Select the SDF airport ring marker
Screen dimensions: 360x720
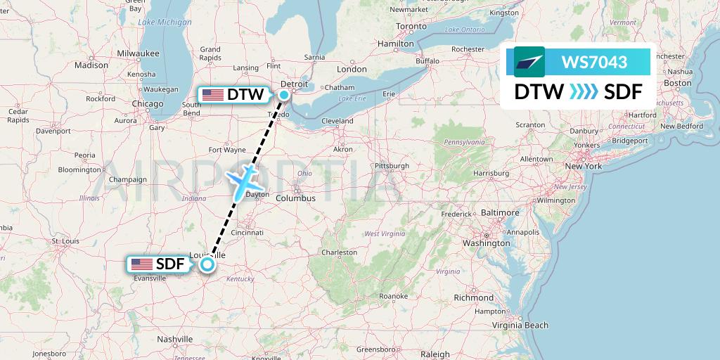click(207, 264)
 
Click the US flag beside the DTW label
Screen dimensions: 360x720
click(212, 94)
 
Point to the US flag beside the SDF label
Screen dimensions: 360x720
click(142, 264)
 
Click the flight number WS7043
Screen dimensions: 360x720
click(594, 63)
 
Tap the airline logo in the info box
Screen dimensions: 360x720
click(529, 62)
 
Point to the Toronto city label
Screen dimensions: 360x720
click(411, 26)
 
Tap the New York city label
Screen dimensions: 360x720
click(584, 166)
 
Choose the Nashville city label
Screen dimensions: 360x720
click(175, 338)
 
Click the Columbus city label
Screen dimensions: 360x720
click(295, 198)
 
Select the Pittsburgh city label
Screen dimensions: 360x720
click(392, 166)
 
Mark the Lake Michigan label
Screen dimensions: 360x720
click(165, 22)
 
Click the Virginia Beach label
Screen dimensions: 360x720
click(520, 325)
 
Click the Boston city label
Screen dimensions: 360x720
click(678, 82)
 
